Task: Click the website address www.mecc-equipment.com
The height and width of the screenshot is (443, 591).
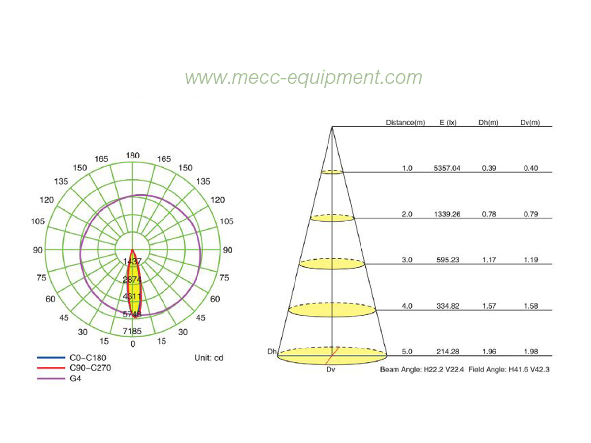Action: tap(303, 78)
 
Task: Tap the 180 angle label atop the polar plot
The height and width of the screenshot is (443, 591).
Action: tap(133, 156)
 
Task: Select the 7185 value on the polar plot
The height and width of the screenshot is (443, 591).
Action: tap(132, 331)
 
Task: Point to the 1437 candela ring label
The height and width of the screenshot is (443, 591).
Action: tap(132, 261)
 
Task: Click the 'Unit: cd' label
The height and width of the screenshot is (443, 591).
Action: tap(209, 358)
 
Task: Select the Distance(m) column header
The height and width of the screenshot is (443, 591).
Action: tap(405, 123)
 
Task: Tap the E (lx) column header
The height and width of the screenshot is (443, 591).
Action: tap(448, 123)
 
